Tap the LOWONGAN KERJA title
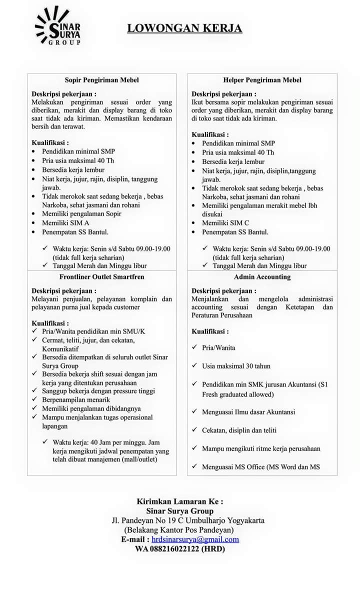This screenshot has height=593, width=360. click(x=184, y=28)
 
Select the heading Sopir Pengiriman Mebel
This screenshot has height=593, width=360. click(x=101, y=80)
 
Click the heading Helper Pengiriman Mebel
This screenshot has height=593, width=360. click(x=262, y=80)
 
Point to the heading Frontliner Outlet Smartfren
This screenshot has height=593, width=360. click(x=101, y=277)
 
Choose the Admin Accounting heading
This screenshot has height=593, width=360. click(x=262, y=277)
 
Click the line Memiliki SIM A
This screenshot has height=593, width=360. click(x=65, y=223)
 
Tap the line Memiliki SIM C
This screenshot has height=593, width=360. click(x=225, y=223)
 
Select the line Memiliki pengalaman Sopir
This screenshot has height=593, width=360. click(x=81, y=214)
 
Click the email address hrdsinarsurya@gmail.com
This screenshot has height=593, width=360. click(x=195, y=539)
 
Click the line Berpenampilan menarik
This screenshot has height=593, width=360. click(x=76, y=399)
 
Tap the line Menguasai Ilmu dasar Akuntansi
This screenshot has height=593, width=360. click(x=248, y=412)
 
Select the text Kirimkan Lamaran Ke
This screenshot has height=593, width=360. click(x=180, y=501)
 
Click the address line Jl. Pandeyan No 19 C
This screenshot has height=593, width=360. click(x=188, y=520)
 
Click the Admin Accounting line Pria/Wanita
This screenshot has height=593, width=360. click(x=218, y=347)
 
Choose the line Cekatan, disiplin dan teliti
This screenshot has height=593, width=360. click(x=239, y=430)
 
